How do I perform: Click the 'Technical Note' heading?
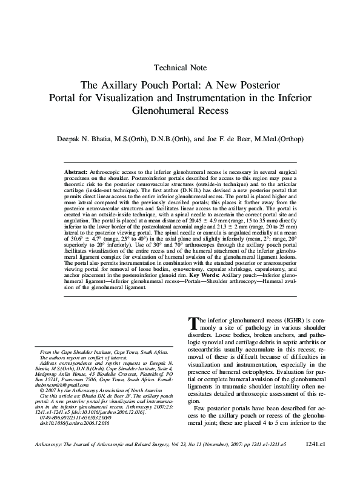pos(180,67)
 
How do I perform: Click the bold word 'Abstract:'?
pos(76,173)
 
